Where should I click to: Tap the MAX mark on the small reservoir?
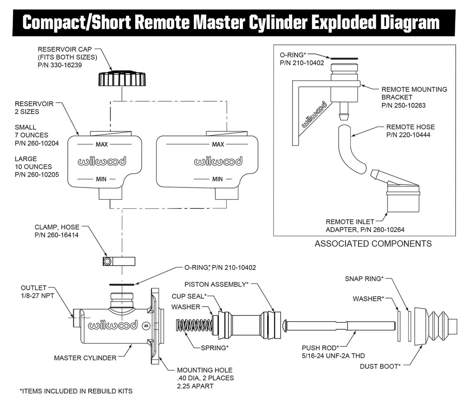click(102, 144)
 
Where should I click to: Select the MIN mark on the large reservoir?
click(217, 179)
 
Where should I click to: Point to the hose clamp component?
click(119, 261)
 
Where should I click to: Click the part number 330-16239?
click(60, 65)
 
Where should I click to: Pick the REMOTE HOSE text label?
click(410, 127)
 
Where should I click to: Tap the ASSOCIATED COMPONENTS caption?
click(373, 244)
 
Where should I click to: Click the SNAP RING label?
click(364, 279)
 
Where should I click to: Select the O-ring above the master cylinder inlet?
click(122, 285)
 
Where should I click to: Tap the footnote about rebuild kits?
click(76, 391)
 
